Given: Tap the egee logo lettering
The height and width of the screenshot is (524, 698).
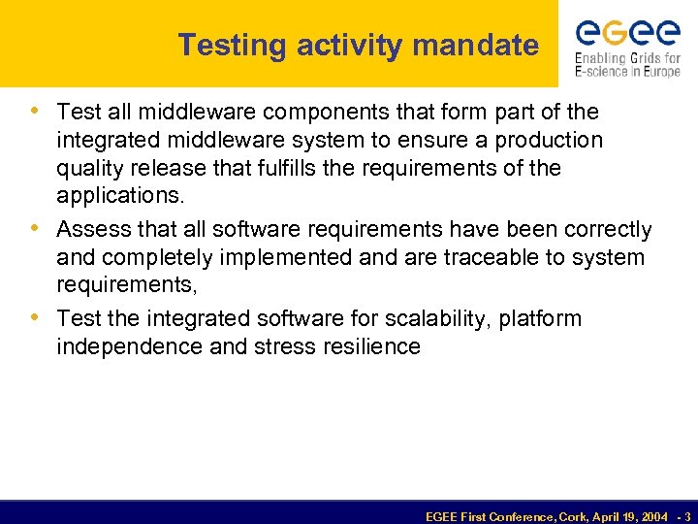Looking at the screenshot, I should click(627, 34).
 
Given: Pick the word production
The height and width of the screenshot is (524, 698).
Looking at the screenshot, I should click(550, 141).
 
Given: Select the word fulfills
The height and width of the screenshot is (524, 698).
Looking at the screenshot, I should click(289, 169).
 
